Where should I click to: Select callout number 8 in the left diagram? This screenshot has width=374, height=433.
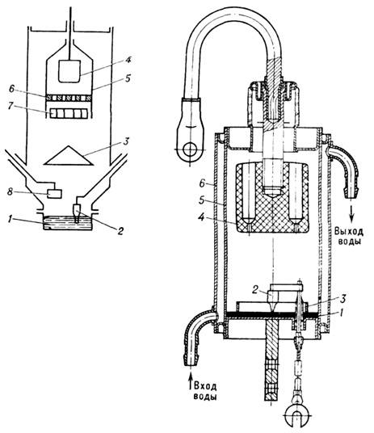pos(11,191)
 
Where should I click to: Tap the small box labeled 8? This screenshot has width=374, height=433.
pos(54,193)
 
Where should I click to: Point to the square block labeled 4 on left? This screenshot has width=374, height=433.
pos(69,71)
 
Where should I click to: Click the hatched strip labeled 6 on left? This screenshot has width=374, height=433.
pos(69,98)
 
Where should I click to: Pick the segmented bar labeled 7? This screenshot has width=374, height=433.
pos(69,113)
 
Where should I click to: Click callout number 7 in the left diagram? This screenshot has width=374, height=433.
pos(11,107)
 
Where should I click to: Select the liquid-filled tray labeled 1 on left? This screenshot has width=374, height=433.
pos(68,223)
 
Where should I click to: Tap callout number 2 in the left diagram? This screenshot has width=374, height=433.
pos(120,231)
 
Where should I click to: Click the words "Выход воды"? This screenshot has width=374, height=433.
pos(349,236)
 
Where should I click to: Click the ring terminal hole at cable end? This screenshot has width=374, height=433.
pos(190,149)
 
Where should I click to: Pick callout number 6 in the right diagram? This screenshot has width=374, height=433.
pos(203,183)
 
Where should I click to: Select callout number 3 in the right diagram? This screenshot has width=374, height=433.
pos(343,298)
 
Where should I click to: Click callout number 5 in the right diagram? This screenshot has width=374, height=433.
pos(203,200)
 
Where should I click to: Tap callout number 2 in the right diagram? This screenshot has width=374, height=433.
pos(255,289)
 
